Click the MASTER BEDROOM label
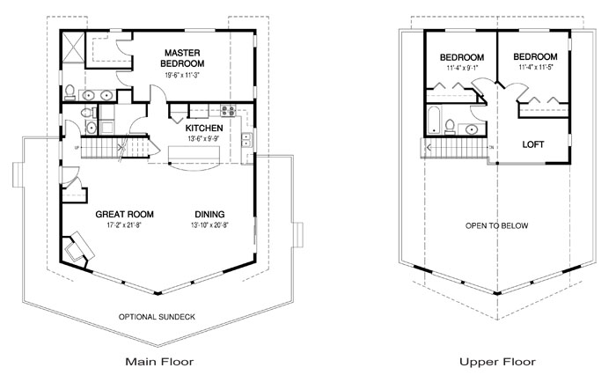pyautogui.click(x=182, y=58)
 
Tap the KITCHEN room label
pyautogui.click(x=204, y=129)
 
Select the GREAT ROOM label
pyautogui.click(x=125, y=214)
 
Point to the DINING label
pyautogui.click(x=209, y=214)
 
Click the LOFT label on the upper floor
pyautogui.click(x=532, y=144)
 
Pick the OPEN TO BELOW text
pyautogui.click(x=496, y=225)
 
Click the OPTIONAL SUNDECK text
pyautogui.click(x=157, y=317)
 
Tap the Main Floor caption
pyautogui.click(x=159, y=362)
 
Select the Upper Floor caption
pyautogui.click(x=497, y=362)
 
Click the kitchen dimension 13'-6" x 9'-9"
pyautogui.click(x=203, y=138)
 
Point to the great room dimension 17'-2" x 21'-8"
pyautogui.click(x=124, y=225)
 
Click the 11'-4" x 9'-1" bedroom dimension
pyautogui.click(x=462, y=68)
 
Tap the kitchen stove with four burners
pyautogui.click(x=228, y=110)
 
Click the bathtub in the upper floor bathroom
pyautogui.click(x=434, y=120)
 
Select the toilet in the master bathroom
pyautogui.click(x=70, y=92)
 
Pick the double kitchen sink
pyautogui.click(x=246, y=140)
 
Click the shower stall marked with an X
pyautogui.click(x=73, y=48)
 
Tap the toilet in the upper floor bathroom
pyautogui.click(x=450, y=127)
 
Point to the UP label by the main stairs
pyautogui.click(x=77, y=148)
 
